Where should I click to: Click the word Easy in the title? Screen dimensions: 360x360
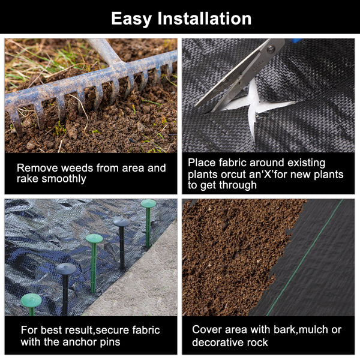pos(131,19)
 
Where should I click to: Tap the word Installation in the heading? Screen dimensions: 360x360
pos(205,19)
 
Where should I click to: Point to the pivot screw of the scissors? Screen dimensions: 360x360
pos(271,49)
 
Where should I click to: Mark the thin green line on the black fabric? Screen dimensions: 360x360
pos(305,257)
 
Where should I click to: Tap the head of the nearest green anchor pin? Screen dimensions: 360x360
pos(31,301)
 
